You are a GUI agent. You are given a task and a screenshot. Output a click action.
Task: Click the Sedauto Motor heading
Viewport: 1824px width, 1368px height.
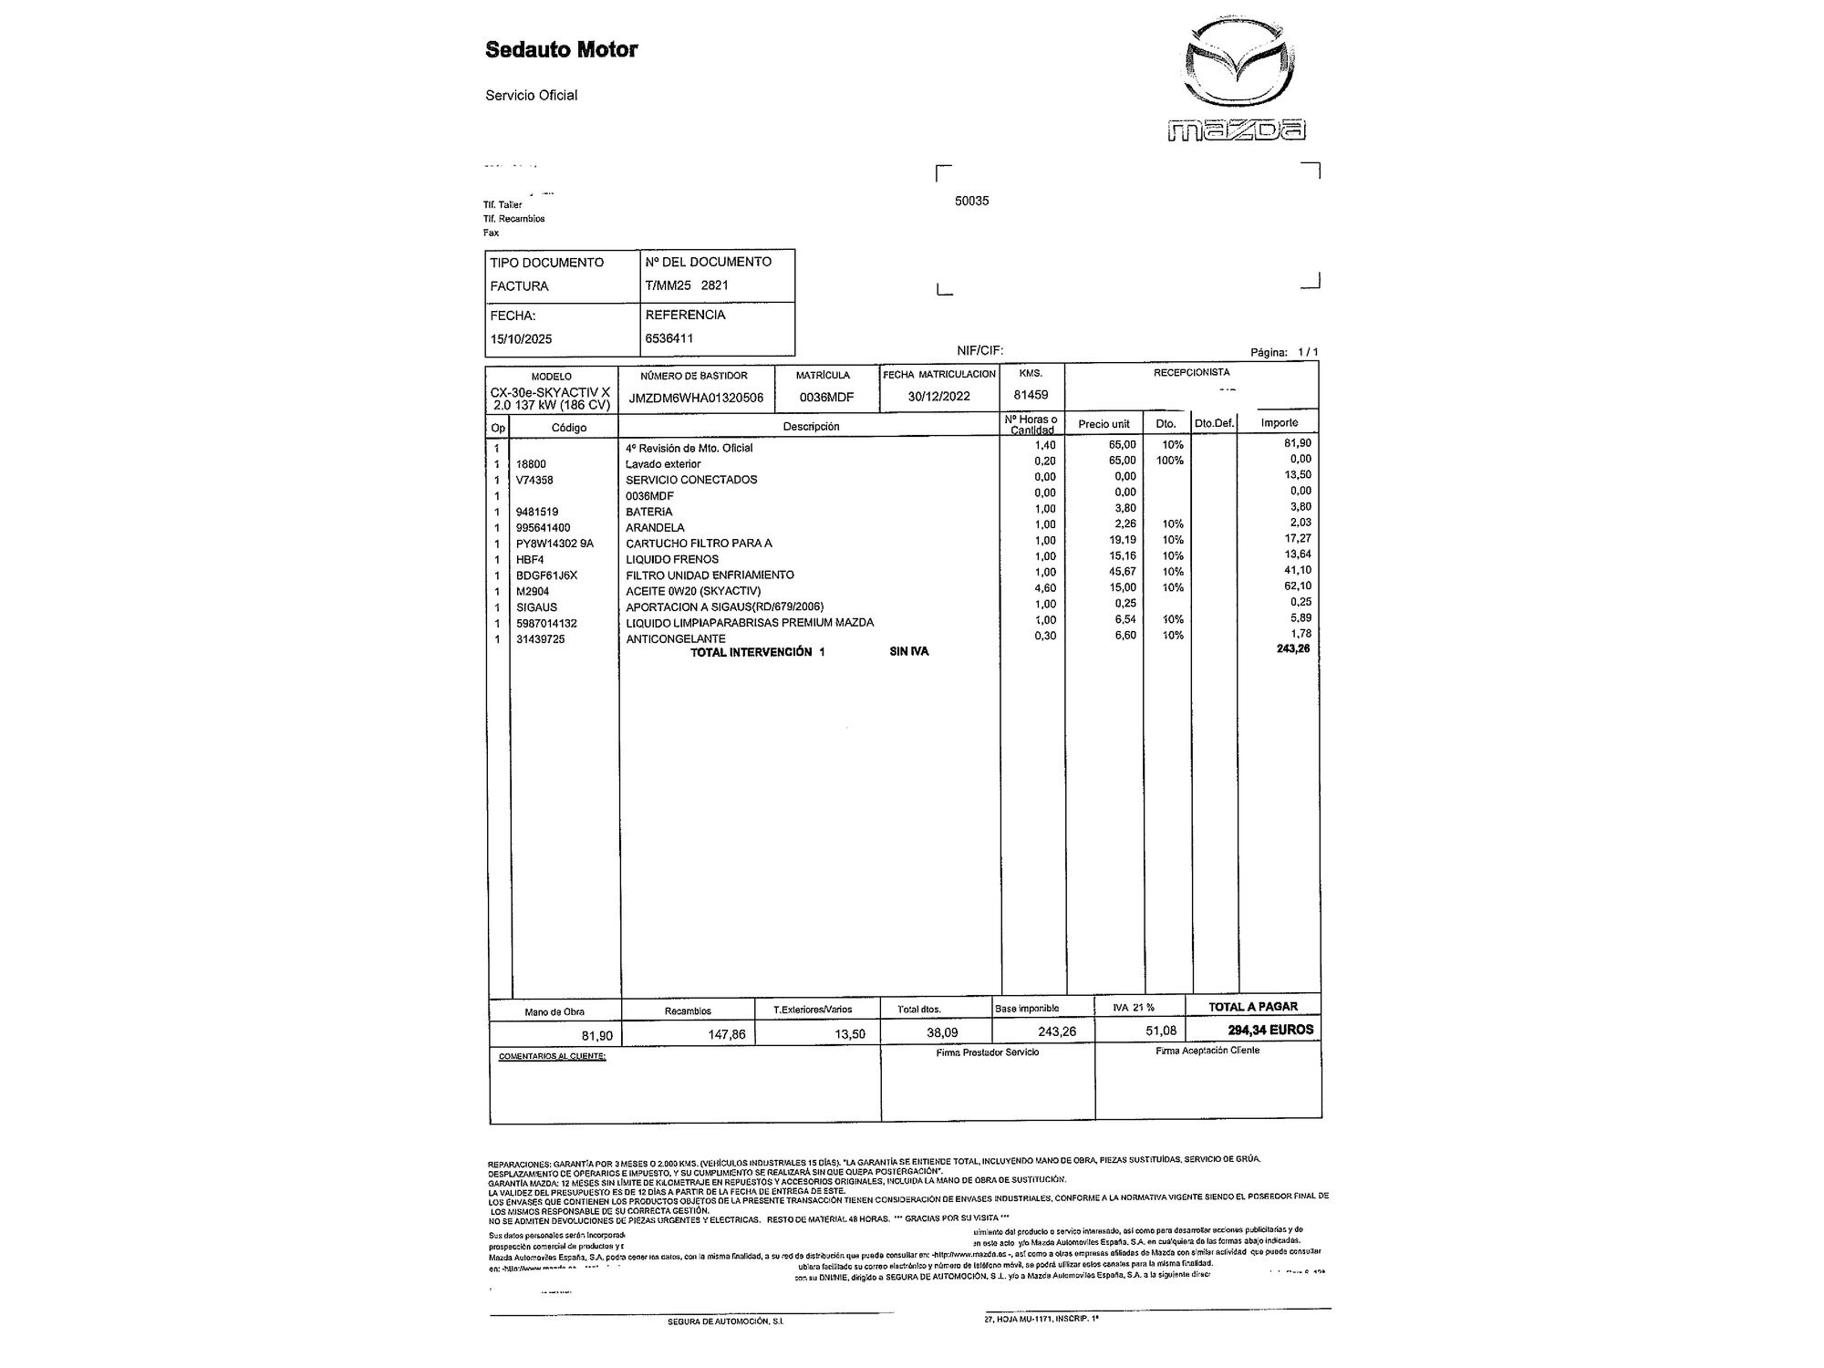coord(561,49)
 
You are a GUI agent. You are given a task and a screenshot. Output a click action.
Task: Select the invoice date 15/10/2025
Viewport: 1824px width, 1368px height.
coord(521,339)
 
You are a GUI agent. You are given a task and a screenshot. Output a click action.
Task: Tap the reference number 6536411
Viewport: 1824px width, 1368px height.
coord(668,338)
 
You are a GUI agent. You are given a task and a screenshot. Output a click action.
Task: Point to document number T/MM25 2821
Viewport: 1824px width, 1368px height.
coord(686,285)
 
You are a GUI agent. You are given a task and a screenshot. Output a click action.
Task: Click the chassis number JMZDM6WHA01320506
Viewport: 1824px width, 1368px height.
coord(696,398)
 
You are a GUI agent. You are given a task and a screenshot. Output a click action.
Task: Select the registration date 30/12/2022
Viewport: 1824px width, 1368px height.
coord(938,397)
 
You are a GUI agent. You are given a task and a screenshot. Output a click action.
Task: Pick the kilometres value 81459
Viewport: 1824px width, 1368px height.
coord(1031,396)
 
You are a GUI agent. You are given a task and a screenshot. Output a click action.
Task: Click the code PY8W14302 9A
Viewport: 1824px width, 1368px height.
coord(554,544)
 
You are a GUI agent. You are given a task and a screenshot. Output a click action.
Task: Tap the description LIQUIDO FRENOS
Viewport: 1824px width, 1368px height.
coord(671,560)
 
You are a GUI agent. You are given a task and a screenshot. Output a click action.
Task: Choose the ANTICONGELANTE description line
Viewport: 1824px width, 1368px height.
coord(675,639)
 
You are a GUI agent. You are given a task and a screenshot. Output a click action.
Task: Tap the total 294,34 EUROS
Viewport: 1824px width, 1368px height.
coord(1270,1030)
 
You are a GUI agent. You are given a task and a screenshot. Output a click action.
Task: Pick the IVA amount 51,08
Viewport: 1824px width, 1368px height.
coord(1161,1031)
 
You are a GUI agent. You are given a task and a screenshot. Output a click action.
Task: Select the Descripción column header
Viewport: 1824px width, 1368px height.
coord(811,427)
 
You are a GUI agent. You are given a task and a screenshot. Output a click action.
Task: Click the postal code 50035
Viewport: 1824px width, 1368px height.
coord(971,202)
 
